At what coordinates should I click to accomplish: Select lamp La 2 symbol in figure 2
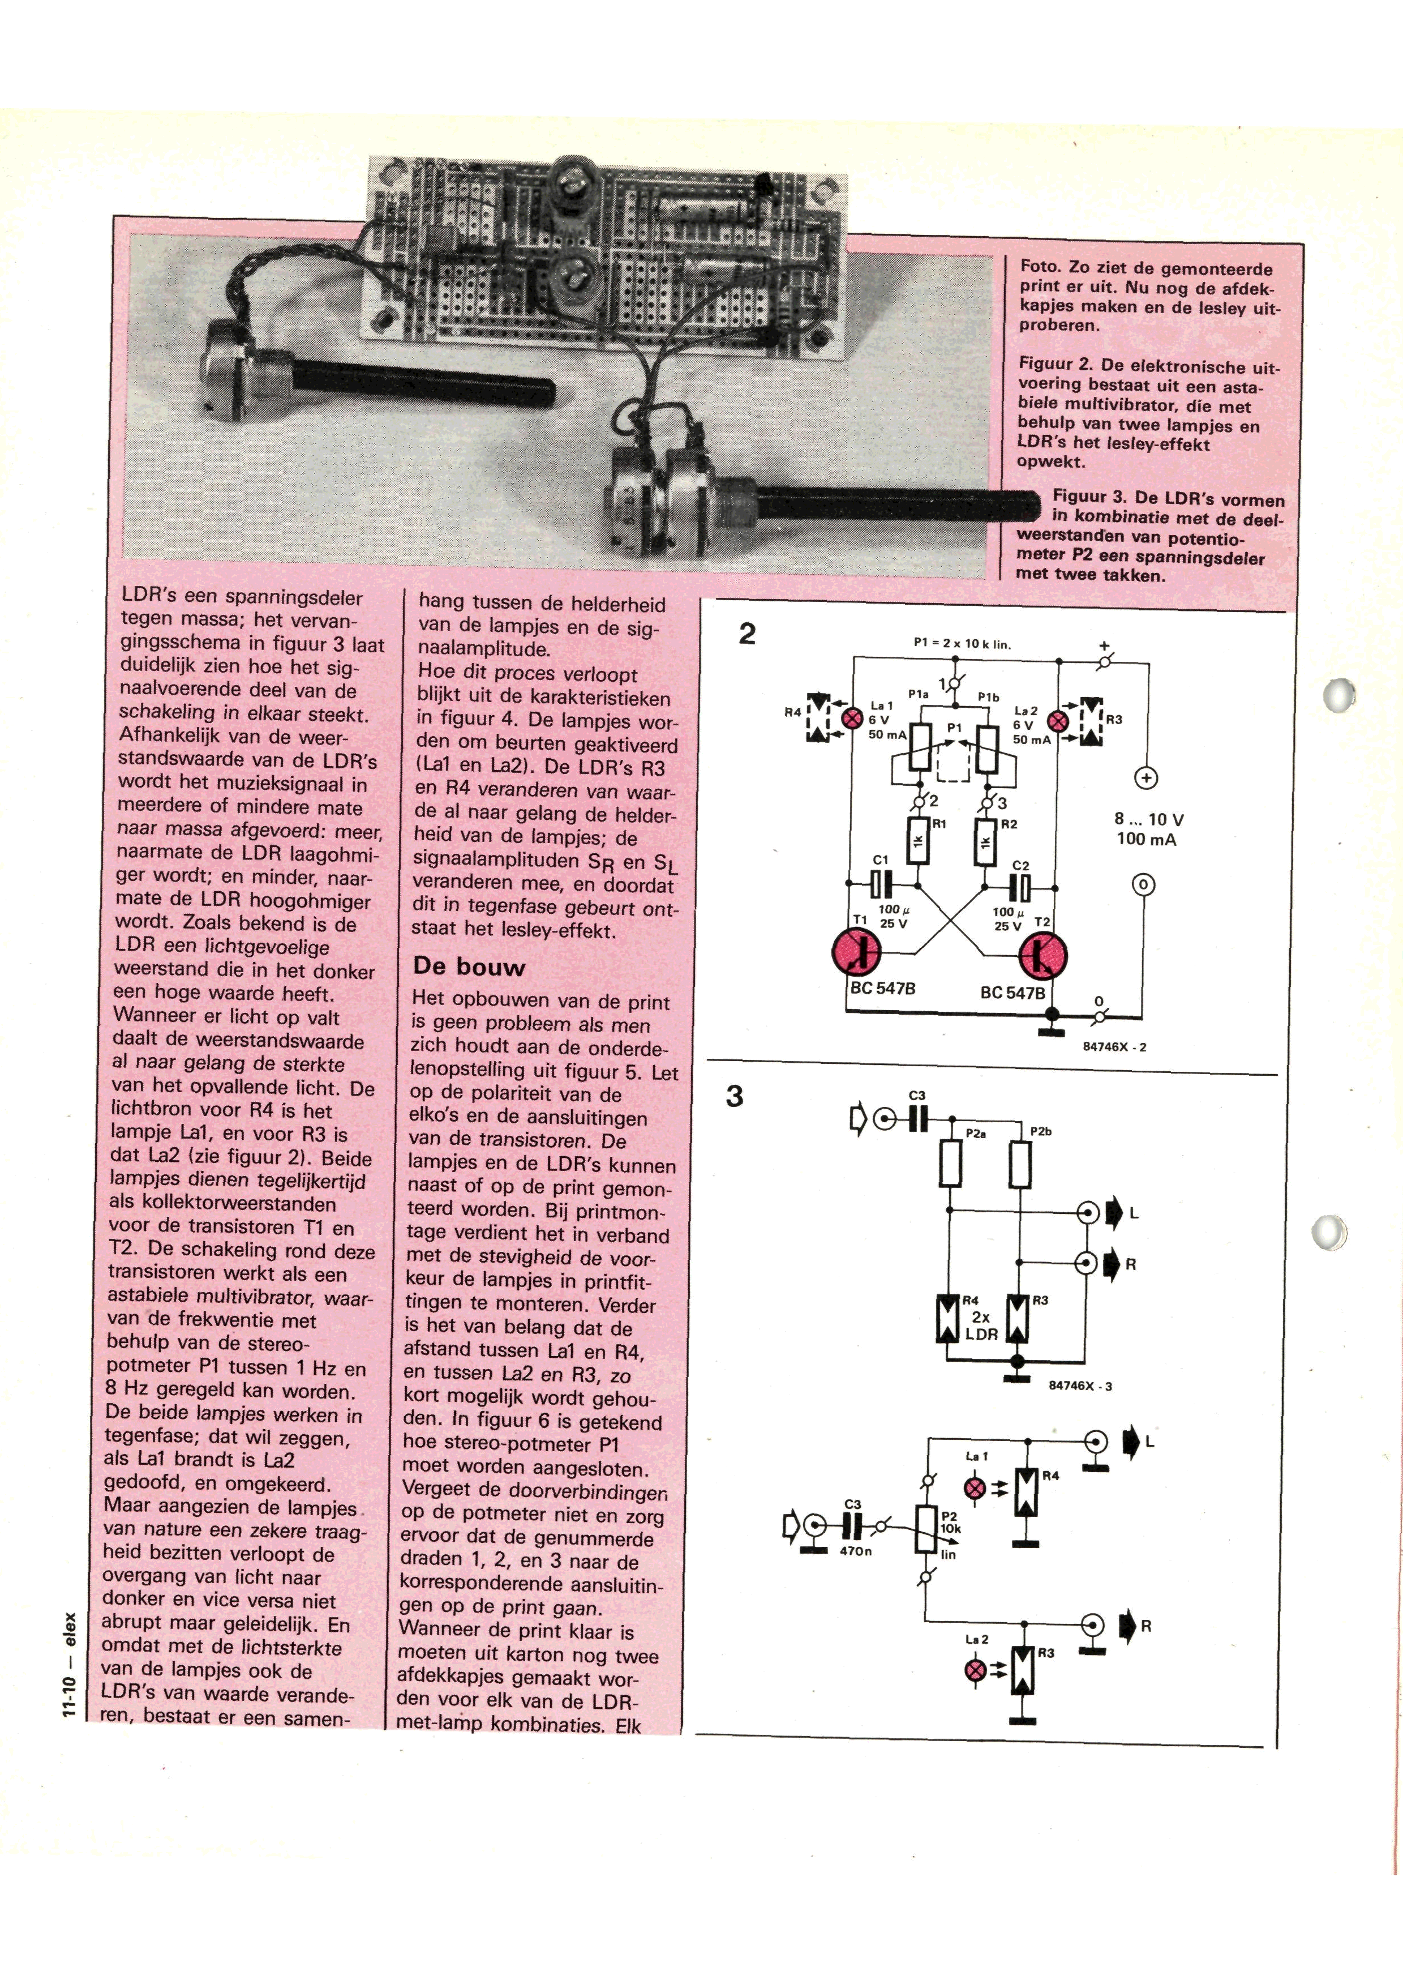(x=1055, y=720)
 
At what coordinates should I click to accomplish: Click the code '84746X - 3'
(x=1080, y=1386)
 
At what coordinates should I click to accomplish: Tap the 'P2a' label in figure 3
(x=975, y=1134)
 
